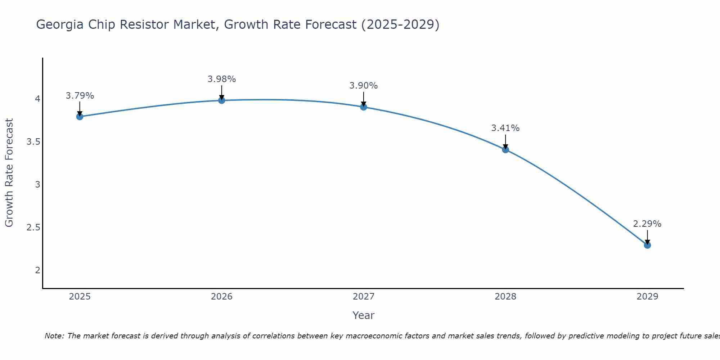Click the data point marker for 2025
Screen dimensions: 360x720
click(80, 117)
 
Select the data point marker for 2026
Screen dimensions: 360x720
click(222, 100)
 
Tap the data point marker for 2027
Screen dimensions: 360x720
click(364, 107)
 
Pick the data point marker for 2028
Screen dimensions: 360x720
click(505, 150)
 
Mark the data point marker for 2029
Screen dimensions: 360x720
click(647, 245)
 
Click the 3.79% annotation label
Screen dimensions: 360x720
click(80, 96)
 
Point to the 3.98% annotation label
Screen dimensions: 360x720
click(222, 79)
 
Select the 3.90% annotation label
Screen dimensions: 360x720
click(364, 86)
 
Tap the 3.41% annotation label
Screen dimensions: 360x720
click(505, 128)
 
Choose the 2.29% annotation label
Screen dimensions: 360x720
click(647, 224)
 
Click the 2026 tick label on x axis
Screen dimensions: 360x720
click(222, 297)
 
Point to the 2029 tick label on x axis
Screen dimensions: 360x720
click(647, 297)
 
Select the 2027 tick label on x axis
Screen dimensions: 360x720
click(364, 297)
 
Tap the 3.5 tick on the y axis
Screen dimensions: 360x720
click(33, 142)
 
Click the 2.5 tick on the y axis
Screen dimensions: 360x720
click(33, 228)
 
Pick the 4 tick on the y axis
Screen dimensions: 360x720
click(37, 99)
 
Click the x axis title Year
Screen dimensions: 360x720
click(364, 316)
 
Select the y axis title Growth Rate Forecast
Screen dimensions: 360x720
click(9, 173)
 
